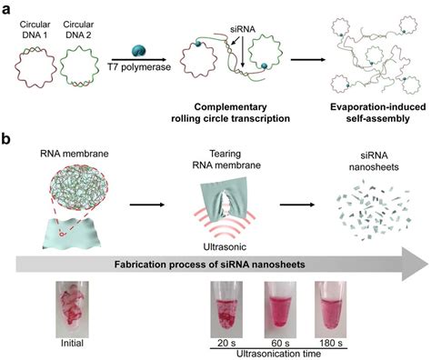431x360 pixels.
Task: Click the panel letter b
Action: pyautogui.click(x=7, y=143)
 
